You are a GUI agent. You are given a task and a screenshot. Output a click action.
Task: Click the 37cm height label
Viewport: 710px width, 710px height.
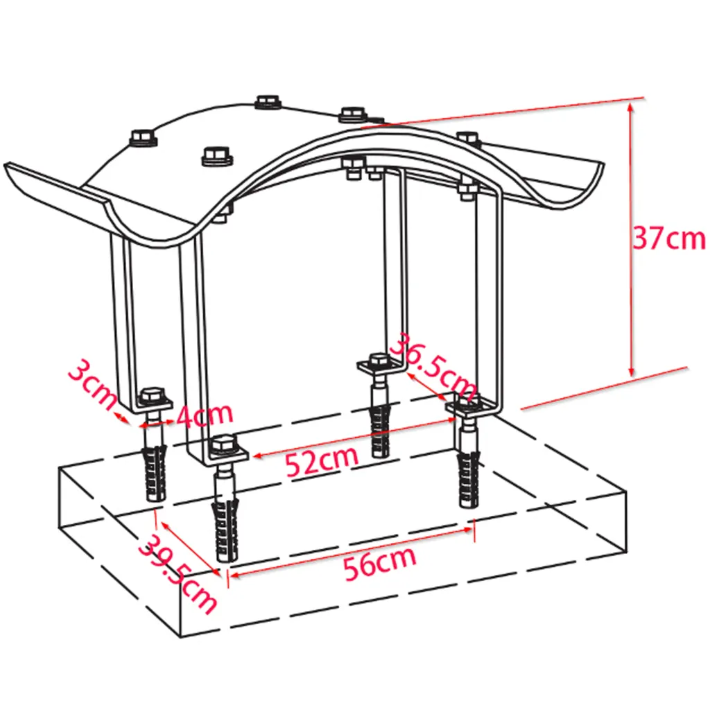click(669, 238)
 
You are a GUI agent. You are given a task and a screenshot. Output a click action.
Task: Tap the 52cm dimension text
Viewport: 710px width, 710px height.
click(322, 461)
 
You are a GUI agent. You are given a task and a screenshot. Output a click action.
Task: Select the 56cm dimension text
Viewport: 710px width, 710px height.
click(379, 563)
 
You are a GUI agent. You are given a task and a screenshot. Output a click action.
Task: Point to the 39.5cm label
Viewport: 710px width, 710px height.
click(177, 574)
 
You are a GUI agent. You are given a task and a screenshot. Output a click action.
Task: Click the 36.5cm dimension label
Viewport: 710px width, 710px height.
click(433, 367)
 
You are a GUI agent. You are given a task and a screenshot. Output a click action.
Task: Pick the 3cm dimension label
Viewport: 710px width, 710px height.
click(92, 384)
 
